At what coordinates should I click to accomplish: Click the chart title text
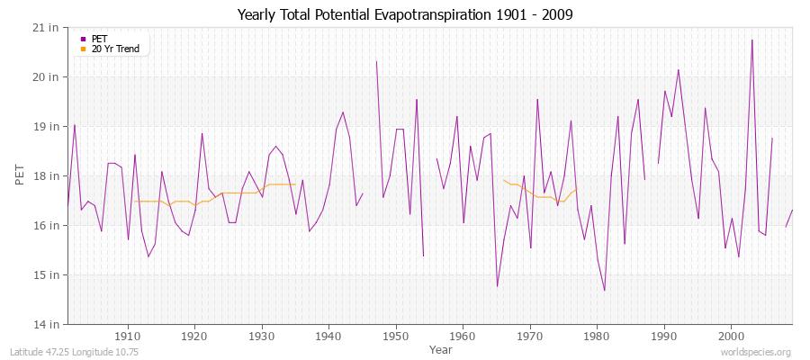click(x=404, y=14)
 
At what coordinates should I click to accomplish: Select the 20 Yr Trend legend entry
click(x=115, y=49)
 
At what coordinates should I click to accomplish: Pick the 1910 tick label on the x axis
click(x=128, y=335)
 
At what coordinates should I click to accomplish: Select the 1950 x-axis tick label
click(x=395, y=335)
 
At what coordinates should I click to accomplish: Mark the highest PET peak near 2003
click(x=751, y=40)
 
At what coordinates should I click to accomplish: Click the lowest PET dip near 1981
click(x=604, y=290)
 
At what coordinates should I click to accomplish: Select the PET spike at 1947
click(x=376, y=61)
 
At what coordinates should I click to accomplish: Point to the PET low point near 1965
click(x=497, y=286)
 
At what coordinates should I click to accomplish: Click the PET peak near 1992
click(x=678, y=70)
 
